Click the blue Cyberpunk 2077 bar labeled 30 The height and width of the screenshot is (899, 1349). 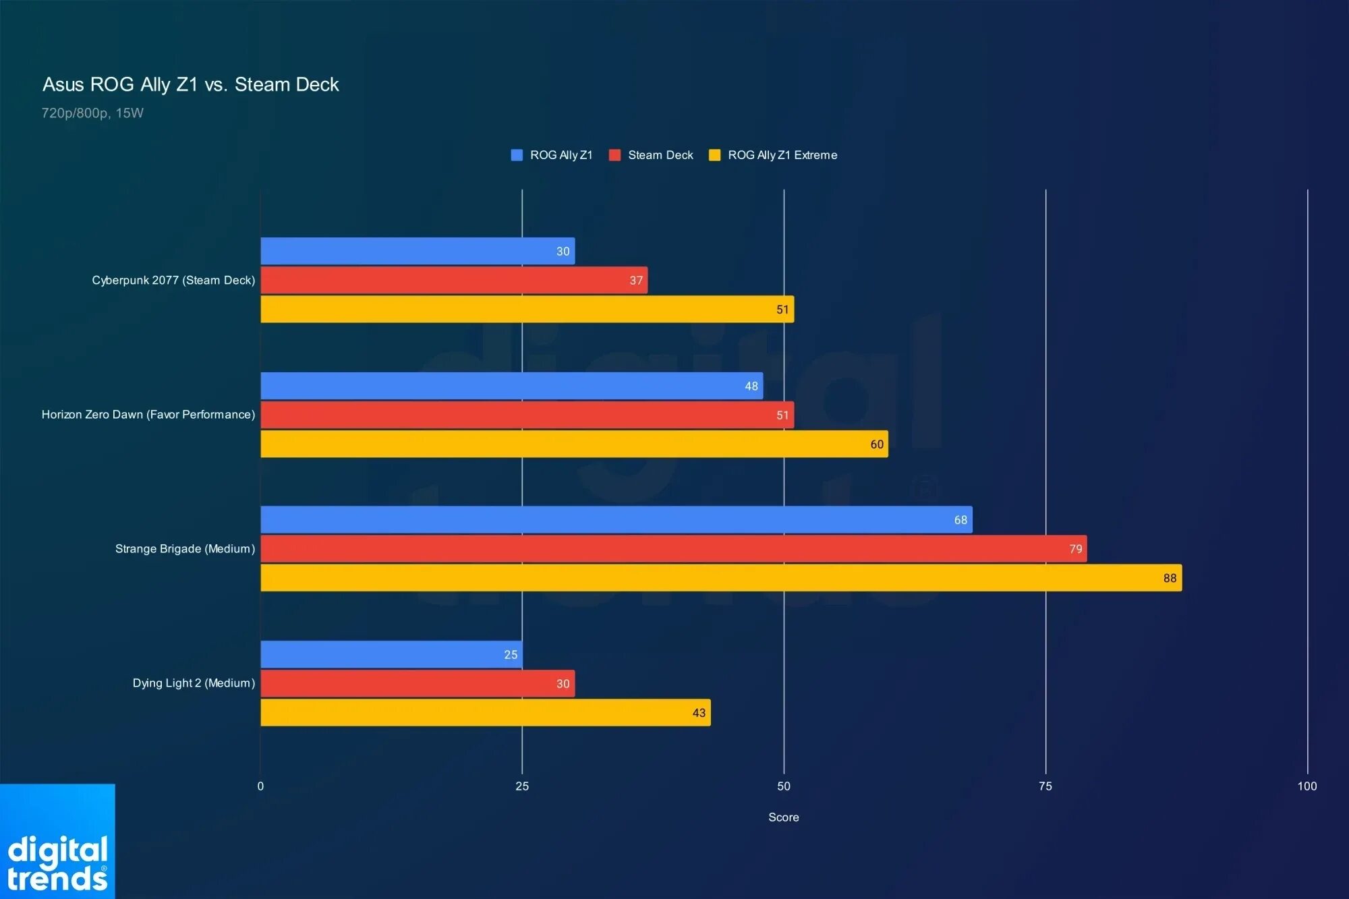(x=418, y=251)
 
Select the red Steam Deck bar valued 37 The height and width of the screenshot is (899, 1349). (x=454, y=280)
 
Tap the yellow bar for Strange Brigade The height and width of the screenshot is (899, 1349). (x=721, y=578)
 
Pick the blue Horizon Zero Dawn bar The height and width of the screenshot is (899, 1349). (x=512, y=386)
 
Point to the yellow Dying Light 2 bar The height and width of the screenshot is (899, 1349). (x=486, y=712)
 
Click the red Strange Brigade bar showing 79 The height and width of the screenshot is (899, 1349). (x=674, y=549)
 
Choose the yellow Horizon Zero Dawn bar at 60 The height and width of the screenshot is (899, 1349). (x=575, y=444)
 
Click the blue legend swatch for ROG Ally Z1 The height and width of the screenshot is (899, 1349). (x=517, y=155)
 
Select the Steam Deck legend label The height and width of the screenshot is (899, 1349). (x=660, y=155)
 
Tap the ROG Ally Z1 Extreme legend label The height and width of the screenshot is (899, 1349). (x=782, y=155)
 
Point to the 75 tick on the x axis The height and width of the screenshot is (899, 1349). (x=1045, y=786)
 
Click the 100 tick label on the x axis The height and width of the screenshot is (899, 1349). (x=1307, y=786)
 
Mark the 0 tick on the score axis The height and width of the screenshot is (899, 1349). (x=260, y=786)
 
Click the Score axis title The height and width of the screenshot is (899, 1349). (x=784, y=817)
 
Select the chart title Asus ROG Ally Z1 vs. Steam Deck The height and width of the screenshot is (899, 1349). (x=191, y=84)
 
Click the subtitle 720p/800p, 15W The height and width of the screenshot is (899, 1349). (x=92, y=113)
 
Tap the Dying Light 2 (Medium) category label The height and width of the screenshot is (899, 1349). (x=194, y=683)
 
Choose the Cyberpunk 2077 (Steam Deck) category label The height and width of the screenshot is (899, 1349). (x=173, y=280)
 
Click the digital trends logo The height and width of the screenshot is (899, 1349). (x=57, y=842)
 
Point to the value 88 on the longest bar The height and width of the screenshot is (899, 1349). (x=1170, y=578)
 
